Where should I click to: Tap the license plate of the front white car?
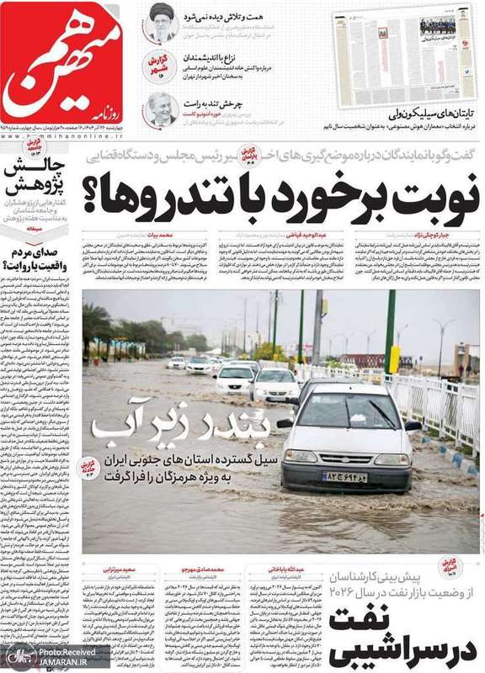[x=344, y=476]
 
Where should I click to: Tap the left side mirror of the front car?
[x=286, y=423]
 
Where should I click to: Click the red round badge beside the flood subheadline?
[x=88, y=468]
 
